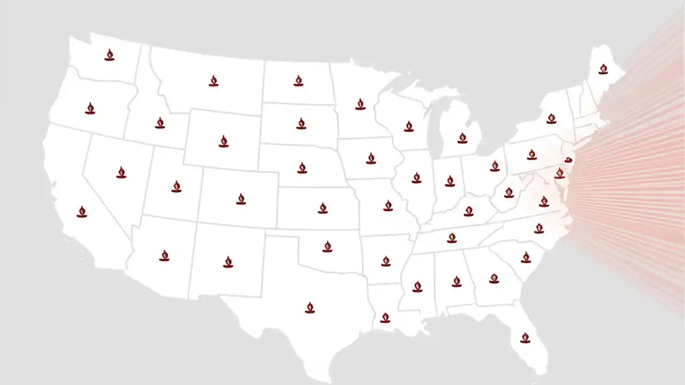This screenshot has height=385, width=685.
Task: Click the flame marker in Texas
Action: point(310,307)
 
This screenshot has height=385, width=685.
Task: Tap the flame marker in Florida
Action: point(525,337)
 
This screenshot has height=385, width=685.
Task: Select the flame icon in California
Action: point(82,212)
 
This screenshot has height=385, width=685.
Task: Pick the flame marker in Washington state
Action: point(109,55)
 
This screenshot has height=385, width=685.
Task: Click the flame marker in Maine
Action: point(603,69)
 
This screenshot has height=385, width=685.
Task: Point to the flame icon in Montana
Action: point(214,81)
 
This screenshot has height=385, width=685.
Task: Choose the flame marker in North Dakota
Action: point(299,81)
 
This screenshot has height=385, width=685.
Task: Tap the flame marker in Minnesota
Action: point(360,104)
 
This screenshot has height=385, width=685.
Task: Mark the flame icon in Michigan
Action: point(462,138)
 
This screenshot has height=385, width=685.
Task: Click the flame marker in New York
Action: point(551,118)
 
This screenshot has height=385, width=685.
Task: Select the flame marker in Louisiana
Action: point(385,318)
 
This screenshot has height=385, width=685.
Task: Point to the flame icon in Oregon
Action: point(90,108)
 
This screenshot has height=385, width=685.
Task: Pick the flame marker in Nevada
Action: point(121,172)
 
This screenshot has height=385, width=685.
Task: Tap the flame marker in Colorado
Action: point(241,199)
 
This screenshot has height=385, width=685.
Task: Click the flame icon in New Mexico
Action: point(228,261)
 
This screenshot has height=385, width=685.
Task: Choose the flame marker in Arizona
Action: point(164,256)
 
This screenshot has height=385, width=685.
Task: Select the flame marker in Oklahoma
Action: point(327,246)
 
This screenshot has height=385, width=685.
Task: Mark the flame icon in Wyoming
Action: point(224,141)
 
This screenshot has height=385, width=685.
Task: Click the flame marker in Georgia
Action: point(494,278)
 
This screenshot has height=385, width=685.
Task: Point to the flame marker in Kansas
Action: point(322,208)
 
